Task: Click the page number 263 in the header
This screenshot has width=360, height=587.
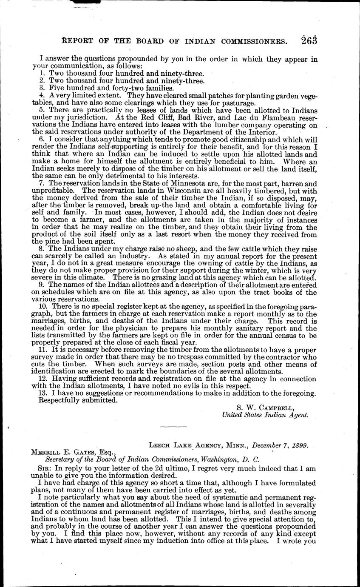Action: coord(306,41)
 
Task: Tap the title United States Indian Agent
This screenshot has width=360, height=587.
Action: coord(265,416)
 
